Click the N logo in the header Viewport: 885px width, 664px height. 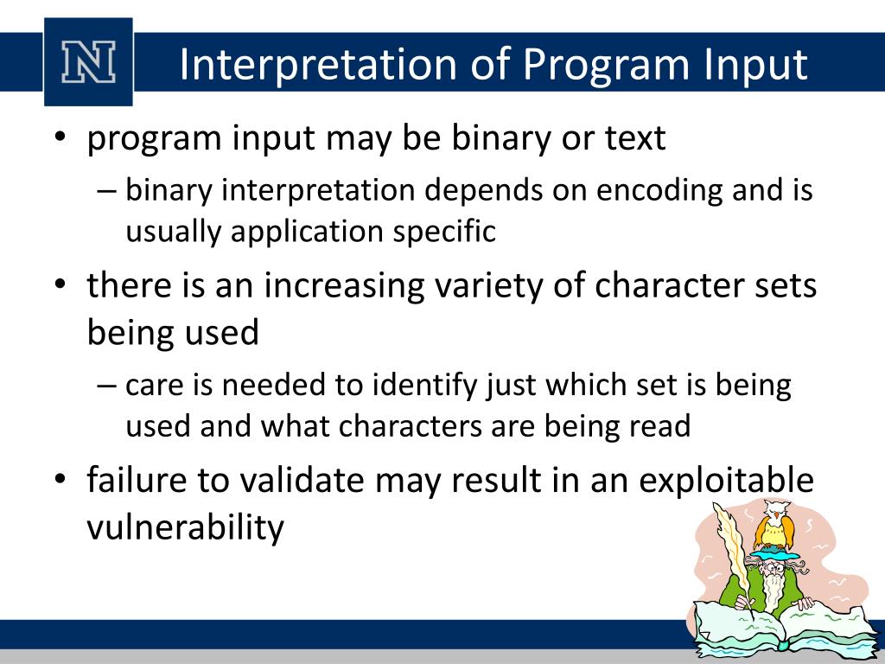[89, 62]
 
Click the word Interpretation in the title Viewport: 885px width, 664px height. [318, 65]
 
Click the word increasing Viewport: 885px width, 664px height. [344, 285]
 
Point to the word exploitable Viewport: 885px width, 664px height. [726, 482]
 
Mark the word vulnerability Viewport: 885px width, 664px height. [186, 528]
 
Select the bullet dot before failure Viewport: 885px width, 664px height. [60, 479]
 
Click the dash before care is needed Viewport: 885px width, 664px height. [106, 386]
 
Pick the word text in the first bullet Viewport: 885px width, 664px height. [635, 137]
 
